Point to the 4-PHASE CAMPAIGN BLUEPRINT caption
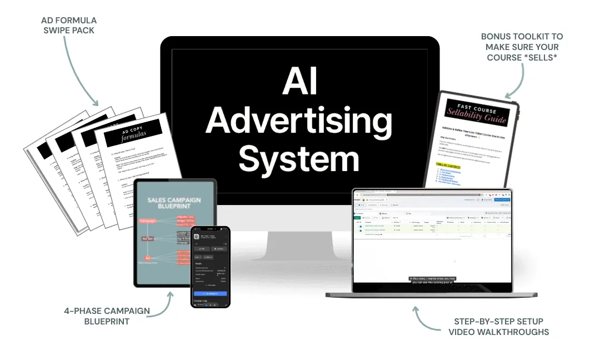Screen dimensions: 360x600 (x=107, y=316)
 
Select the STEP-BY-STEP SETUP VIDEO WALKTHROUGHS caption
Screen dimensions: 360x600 (x=498, y=327)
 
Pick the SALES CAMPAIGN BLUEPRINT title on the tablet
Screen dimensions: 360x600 (x=174, y=203)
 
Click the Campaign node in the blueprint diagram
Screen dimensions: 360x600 (x=148, y=221)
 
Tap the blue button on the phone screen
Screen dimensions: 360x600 (x=210, y=293)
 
